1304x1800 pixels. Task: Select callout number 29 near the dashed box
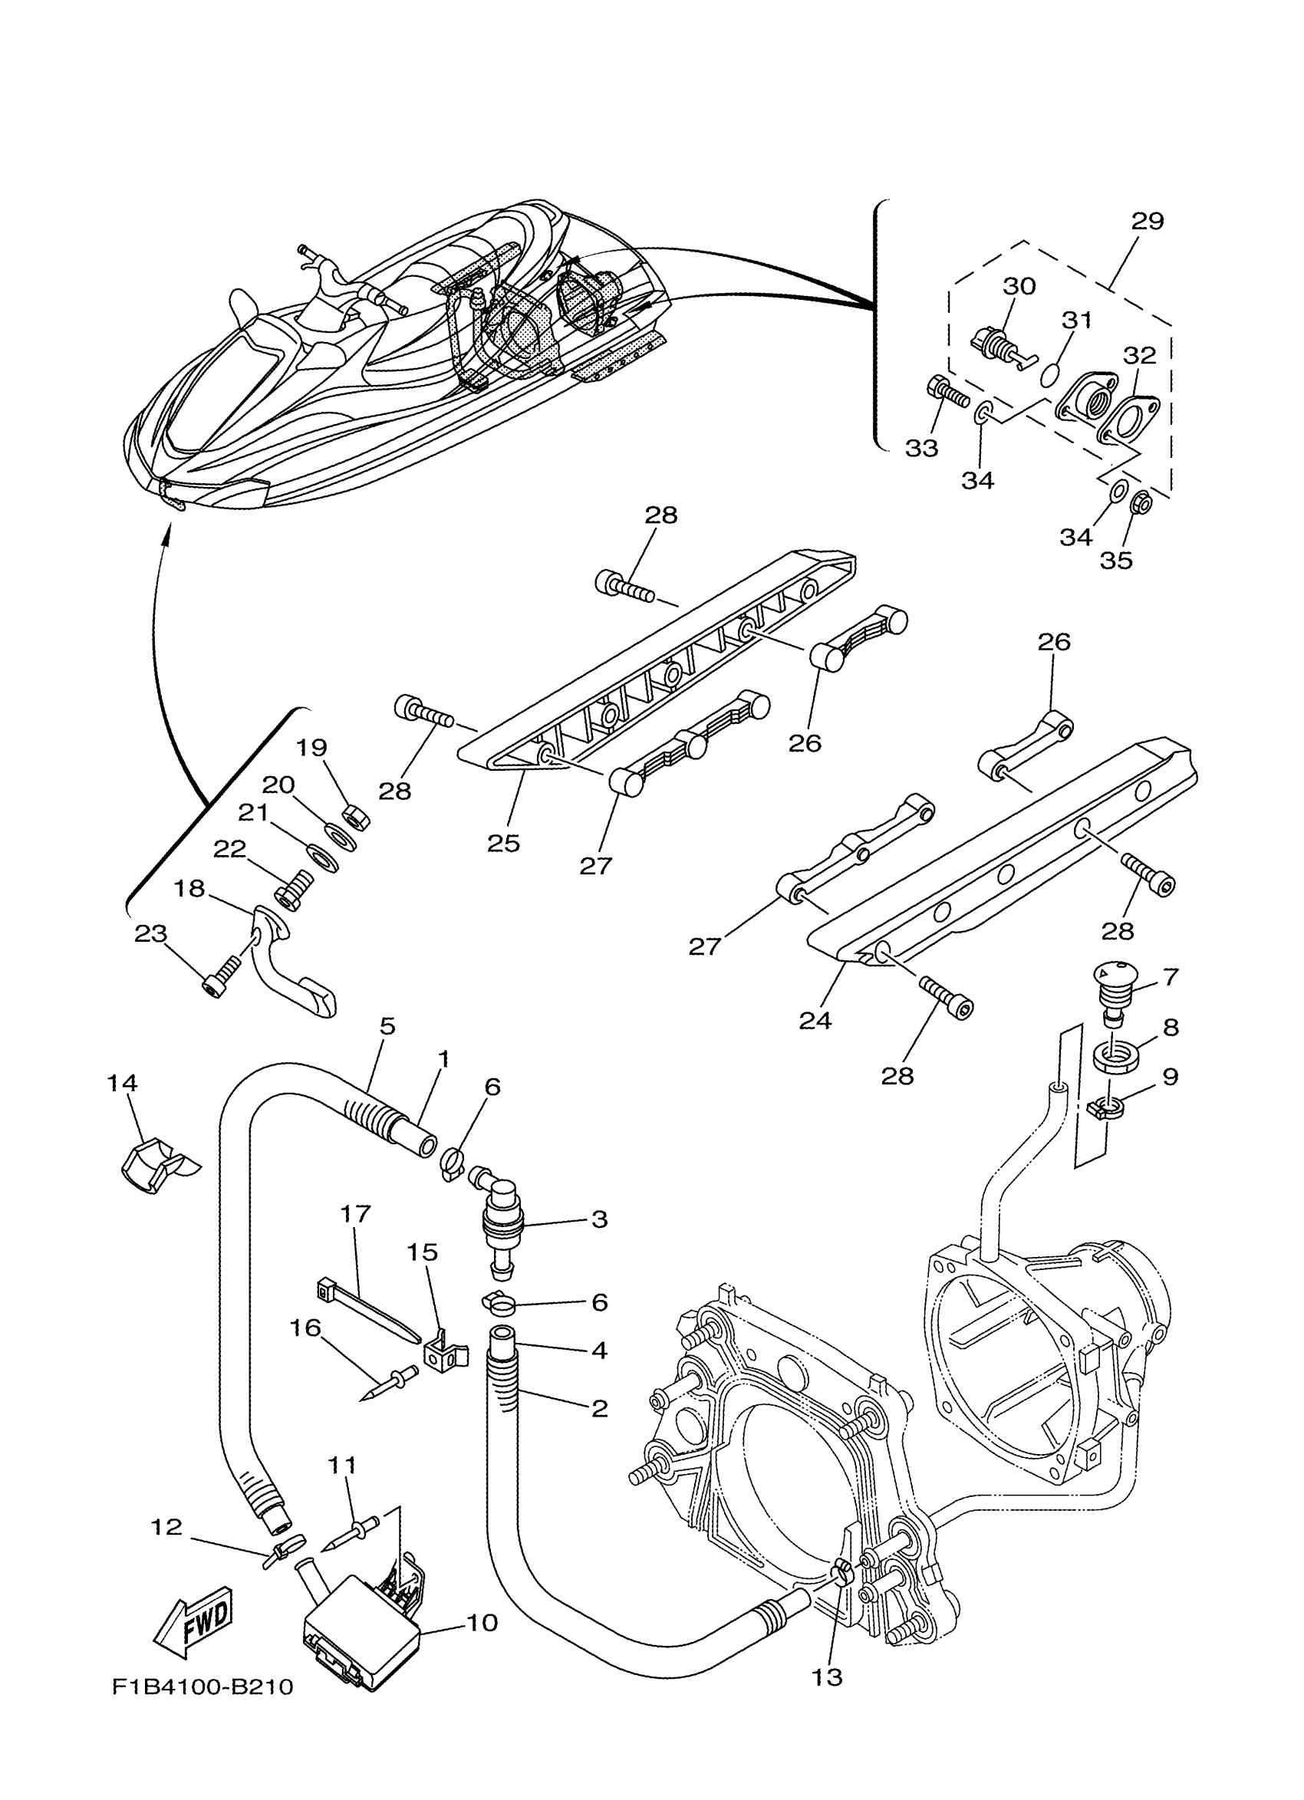coord(1147,221)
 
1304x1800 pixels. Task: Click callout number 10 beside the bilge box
coord(482,1622)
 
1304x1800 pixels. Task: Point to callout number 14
coord(123,1083)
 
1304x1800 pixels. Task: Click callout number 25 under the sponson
coord(503,843)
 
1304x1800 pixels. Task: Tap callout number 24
coord(815,1020)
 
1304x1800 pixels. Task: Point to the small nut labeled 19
coord(350,814)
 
